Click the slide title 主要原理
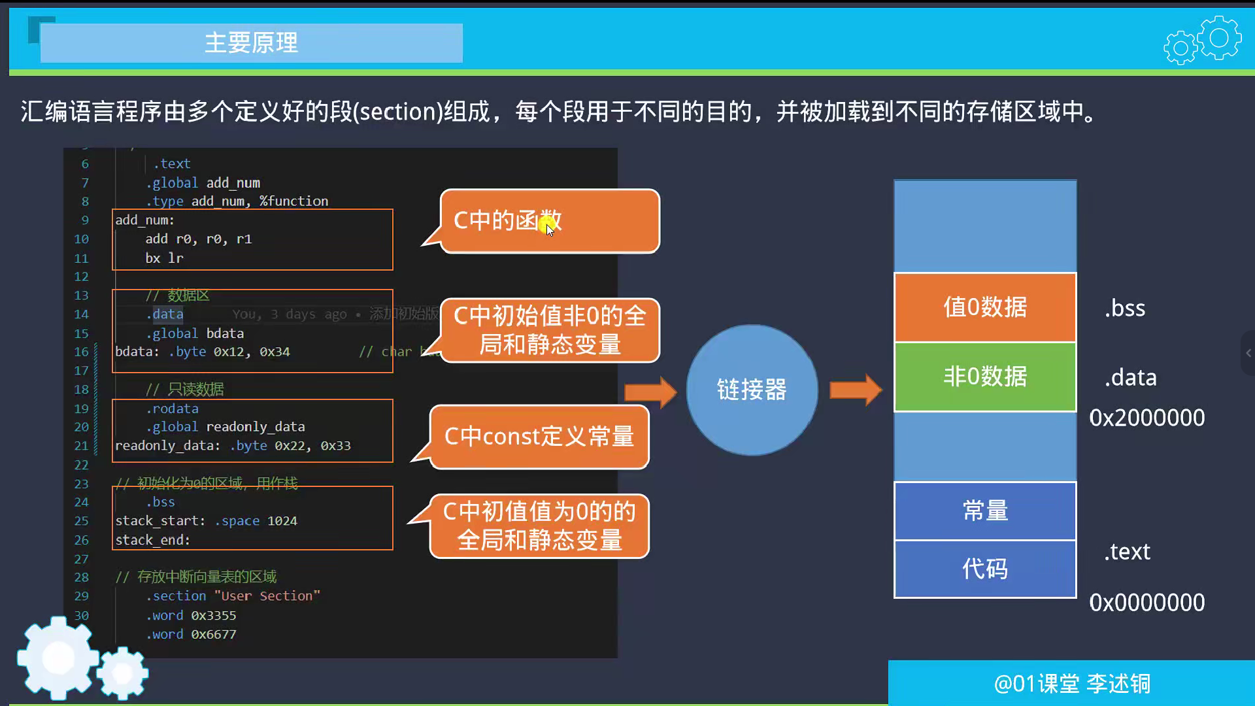tap(251, 43)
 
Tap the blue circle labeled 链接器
tap(752, 390)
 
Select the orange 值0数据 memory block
tap(985, 307)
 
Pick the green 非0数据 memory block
tap(985, 377)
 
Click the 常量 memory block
tap(985, 511)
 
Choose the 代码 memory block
tap(985, 569)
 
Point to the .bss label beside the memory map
tap(1125, 308)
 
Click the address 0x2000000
tap(1146, 418)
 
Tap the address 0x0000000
tap(1146, 602)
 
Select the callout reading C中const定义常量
tap(539, 437)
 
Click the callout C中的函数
tap(549, 221)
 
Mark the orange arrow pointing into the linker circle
tap(650, 392)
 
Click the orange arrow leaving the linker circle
tap(856, 390)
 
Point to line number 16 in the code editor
tap(81, 352)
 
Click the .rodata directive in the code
tap(172, 409)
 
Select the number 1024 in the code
tap(282, 521)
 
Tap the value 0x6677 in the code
tap(214, 634)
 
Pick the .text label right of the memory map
tap(1128, 552)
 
